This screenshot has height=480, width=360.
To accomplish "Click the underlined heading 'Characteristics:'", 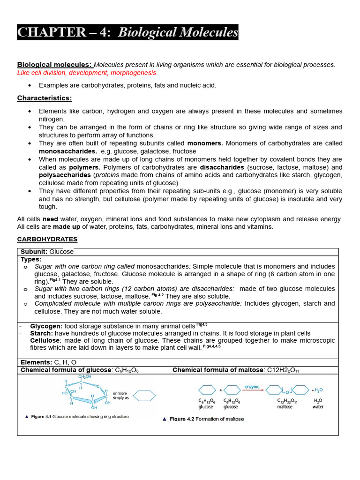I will click(x=45, y=98).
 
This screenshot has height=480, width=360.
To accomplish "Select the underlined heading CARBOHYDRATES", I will click(x=47, y=239).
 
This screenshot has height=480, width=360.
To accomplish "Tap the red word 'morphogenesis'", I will click(x=134, y=73).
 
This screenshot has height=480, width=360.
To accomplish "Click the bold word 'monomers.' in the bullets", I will click(x=205, y=143).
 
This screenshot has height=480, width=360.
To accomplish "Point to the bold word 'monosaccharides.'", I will click(x=67, y=151).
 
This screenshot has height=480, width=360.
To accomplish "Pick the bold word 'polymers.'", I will click(x=85, y=167).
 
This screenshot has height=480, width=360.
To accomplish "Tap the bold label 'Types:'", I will click(x=31, y=259).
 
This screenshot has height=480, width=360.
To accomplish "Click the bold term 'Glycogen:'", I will click(x=46, y=326).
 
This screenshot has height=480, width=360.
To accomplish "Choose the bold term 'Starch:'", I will click(x=42, y=333).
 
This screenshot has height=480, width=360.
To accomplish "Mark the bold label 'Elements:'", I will click(x=36, y=362).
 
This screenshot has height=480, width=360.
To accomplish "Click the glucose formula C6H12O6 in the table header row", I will click(x=127, y=370).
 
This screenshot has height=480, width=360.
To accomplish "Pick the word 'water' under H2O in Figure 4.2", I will click(x=318, y=407).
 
